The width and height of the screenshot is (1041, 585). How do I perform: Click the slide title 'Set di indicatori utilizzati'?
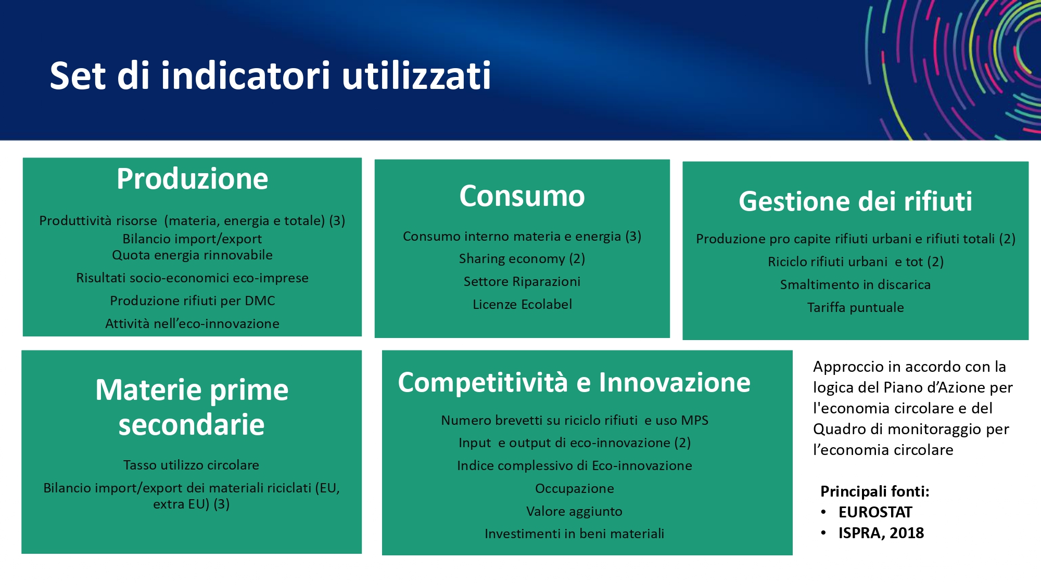point(270,75)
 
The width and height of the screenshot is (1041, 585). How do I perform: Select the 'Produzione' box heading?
point(192,179)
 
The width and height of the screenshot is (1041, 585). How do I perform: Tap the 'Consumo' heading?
point(522,196)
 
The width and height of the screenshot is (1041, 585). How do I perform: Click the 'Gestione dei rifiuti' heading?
point(855,201)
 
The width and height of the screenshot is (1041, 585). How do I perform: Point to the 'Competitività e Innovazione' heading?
point(574,383)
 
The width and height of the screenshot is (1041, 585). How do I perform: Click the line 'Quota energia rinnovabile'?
point(192,255)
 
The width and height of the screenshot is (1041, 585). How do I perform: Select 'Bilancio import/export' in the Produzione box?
point(192,239)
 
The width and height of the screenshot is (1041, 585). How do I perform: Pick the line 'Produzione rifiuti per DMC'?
point(192,301)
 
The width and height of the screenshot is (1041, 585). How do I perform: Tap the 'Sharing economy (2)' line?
point(522,259)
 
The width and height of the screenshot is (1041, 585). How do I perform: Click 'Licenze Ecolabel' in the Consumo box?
point(522,304)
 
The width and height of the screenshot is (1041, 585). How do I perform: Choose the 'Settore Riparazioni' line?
point(522,281)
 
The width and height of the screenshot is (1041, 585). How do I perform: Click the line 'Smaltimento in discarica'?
point(855,284)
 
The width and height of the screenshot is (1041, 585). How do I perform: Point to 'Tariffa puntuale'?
point(855,307)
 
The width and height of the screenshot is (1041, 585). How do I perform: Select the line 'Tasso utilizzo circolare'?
point(191,465)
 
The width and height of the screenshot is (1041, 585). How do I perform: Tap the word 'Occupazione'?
point(574,489)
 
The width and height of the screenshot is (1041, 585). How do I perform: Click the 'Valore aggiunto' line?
point(574,511)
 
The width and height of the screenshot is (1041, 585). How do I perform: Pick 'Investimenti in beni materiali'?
point(574,534)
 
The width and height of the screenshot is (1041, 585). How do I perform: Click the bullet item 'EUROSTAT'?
point(875,512)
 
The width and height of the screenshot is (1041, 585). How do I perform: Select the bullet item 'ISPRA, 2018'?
point(881,533)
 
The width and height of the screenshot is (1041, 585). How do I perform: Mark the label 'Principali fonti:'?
point(874,491)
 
